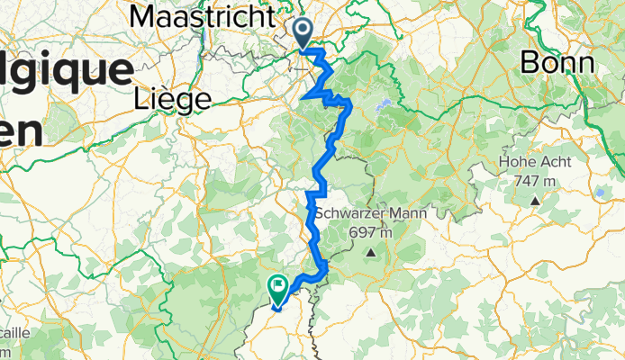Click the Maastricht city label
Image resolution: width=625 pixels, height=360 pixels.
(202, 16)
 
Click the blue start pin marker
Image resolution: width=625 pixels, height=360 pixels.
(303, 34)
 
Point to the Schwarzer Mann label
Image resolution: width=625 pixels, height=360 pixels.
(370, 213)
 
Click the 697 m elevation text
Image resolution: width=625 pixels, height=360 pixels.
(371, 233)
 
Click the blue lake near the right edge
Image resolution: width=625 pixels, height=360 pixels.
(600, 192)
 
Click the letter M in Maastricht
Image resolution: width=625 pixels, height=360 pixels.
(143, 16)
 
